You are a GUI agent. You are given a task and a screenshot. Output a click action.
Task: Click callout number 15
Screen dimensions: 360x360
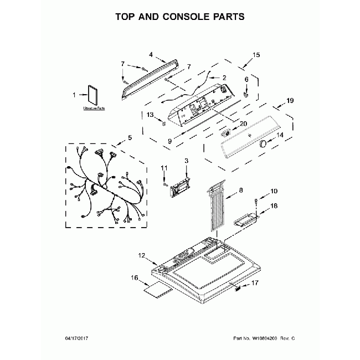point(256,55)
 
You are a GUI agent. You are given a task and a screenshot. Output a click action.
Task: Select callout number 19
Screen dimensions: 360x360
point(289,101)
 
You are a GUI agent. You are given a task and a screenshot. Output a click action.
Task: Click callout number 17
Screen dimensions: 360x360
point(255,283)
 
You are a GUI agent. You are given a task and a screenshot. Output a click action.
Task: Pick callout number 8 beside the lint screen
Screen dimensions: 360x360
point(240,191)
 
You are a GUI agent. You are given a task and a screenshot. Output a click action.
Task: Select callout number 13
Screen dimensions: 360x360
point(150,115)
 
